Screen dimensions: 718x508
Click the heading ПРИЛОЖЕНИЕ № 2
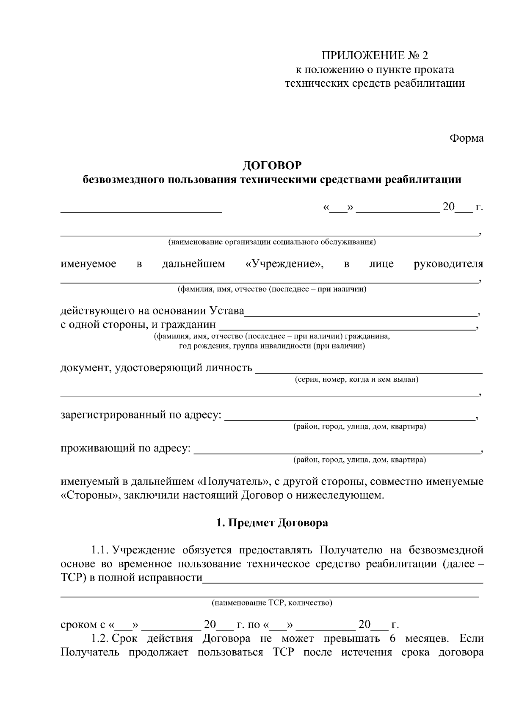pos(375,55)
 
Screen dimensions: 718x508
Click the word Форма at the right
pos(467,138)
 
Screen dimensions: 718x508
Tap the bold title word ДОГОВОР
pos(272,165)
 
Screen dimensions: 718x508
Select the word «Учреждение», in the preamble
pos(284,264)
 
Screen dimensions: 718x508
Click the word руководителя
pos(448,264)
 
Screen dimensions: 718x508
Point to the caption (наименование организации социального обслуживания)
pos(272,242)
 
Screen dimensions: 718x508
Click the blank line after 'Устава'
pos(361,315)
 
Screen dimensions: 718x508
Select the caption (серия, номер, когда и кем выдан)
pos(356,380)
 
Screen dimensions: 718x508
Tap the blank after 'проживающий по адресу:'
pos(337,452)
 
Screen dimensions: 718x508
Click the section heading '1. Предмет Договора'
pos(272,523)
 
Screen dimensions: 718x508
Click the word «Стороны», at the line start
pos(89,495)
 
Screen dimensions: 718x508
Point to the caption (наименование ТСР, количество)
pos(272,603)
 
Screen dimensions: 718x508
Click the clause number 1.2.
pos(99,638)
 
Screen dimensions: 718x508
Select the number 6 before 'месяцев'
pos(392,638)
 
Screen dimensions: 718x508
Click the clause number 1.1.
pos(99,550)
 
